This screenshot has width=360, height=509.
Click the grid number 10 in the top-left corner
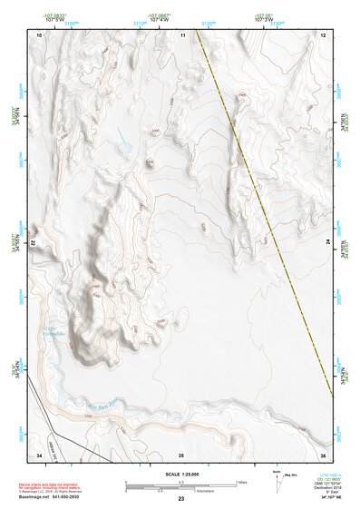tap(39, 34)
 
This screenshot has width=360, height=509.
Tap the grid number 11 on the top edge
tap(182, 34)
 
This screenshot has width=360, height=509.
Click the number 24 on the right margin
tap(328, 243)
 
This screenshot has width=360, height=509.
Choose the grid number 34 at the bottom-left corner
tap(39, 454)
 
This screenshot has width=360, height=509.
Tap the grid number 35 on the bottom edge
tap(181, 454)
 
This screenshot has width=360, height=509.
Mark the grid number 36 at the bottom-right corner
tap(323, 454)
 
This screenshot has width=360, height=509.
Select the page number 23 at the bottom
tap(180, 500)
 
